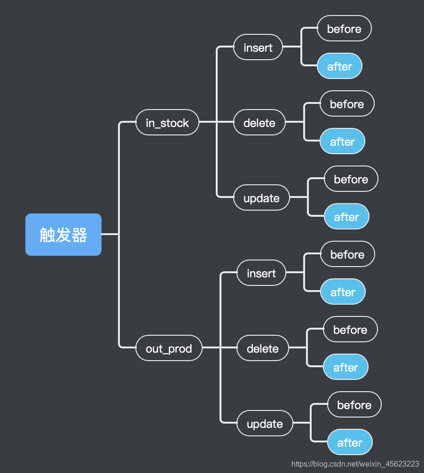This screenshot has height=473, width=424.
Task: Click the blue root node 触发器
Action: tap(63, 235)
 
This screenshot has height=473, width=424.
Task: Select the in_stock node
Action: tap(167, 123)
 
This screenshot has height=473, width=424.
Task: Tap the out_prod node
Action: tap(169, 348)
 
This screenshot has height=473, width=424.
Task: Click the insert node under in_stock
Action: tap(258, 47)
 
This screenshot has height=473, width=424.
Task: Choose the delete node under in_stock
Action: tap(259, 123)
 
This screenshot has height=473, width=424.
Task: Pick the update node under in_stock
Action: tap(261, 198)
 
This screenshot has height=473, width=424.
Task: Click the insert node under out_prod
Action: tap(261, 273)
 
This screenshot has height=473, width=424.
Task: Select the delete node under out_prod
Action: tap(263, 348)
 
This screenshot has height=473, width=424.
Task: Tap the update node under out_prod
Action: tap(265, 424)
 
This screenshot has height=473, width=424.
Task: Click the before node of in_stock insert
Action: tap(344, 29)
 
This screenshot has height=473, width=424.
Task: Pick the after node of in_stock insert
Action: tap(339, 66)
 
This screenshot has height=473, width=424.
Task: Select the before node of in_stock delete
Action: tap(347, 104)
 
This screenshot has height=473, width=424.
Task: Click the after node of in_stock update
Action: tap(346, 217)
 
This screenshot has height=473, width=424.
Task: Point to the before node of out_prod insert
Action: tap(347, 254)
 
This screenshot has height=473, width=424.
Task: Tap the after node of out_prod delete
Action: tap(345, 367)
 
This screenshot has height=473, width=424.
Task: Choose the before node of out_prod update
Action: tap(354, 405)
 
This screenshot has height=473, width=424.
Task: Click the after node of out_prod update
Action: tap(350, 442)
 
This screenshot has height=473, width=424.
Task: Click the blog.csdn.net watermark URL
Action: tap(355, 464)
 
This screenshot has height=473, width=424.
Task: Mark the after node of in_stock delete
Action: tap(342, 142)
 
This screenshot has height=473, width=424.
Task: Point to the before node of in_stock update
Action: tap(351, 179)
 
